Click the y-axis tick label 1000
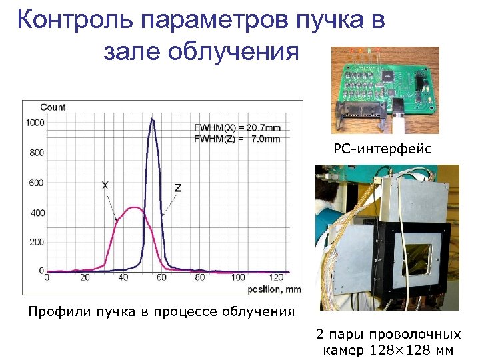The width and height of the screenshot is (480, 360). [x=34, y=122]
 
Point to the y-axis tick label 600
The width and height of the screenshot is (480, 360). [x=36, y=183]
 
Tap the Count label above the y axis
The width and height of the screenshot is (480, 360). [x=53, y=107]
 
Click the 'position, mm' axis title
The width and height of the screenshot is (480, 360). [x=274, y=289]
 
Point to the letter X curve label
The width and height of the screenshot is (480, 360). [x=105, y=185]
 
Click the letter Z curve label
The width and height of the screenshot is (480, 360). [x=178, y=188]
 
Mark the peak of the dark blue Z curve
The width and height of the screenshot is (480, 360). [x=152, y=119]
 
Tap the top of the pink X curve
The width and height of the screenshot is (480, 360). [x=135, y=207]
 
